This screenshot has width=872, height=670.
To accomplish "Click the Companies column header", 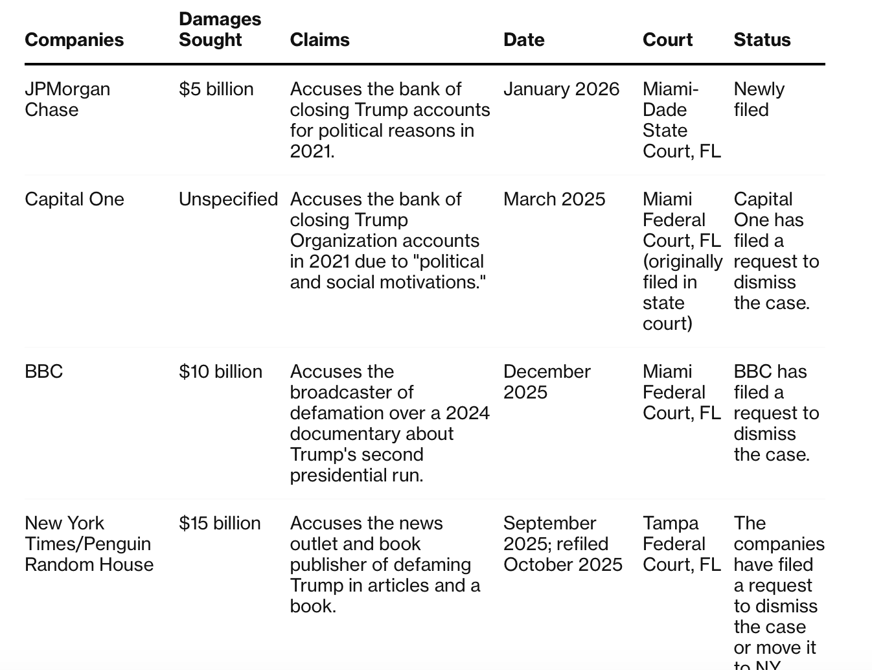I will [x=74, y=40].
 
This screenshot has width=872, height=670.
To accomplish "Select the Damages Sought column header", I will [x=220, y=29].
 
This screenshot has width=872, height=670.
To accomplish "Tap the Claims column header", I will [x=319, y=40].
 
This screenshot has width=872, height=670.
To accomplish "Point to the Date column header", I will [x=523, y=40].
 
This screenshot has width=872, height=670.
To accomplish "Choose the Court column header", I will [x=667, y=40].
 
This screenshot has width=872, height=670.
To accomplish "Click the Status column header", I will [x=762, y=40].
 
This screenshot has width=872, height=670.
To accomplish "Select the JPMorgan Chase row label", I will [x=67, y=99].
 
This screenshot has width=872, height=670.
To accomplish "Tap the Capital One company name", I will [x=74, y=199].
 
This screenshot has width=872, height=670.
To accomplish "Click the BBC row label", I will [x=43, y=371].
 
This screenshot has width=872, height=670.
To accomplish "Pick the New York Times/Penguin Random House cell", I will [x=89, y=544].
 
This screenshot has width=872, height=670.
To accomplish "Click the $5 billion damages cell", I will [x=216, y=89].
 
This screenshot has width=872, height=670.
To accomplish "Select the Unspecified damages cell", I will [x=228, y=199].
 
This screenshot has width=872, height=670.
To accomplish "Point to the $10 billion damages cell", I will [x=220, y=371].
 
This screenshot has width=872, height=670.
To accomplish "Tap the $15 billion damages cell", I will [x=220, y=523].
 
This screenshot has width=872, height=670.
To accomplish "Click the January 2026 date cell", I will [x=561, y=89].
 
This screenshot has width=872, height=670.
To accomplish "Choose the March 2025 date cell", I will [x=554, y=199].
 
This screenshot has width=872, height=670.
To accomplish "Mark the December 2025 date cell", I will [x=547, y=382].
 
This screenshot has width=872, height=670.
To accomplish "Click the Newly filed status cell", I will [x=759, y=99].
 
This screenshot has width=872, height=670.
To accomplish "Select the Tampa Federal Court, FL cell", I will [x=682, y=544].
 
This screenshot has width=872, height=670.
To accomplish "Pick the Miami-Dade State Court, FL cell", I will [x=682, y=120].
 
